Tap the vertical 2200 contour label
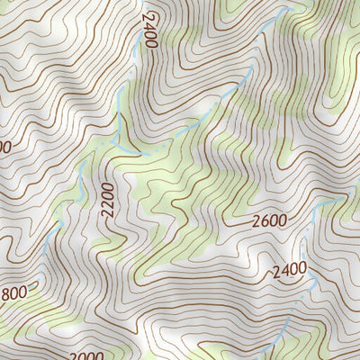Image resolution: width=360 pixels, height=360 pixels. pos(109,199)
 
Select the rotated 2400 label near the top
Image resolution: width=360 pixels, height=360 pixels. pos(149,30)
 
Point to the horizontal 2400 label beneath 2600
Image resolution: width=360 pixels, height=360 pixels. pos(290,269)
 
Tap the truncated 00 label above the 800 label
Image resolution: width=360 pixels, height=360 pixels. pos(4,146)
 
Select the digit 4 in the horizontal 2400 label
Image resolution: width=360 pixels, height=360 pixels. pos(285,269)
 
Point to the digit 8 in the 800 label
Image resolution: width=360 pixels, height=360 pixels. pos(8,292)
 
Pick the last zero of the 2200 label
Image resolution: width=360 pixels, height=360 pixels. pos(109,185)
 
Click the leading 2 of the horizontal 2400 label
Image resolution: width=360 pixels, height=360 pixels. pos(276,270)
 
